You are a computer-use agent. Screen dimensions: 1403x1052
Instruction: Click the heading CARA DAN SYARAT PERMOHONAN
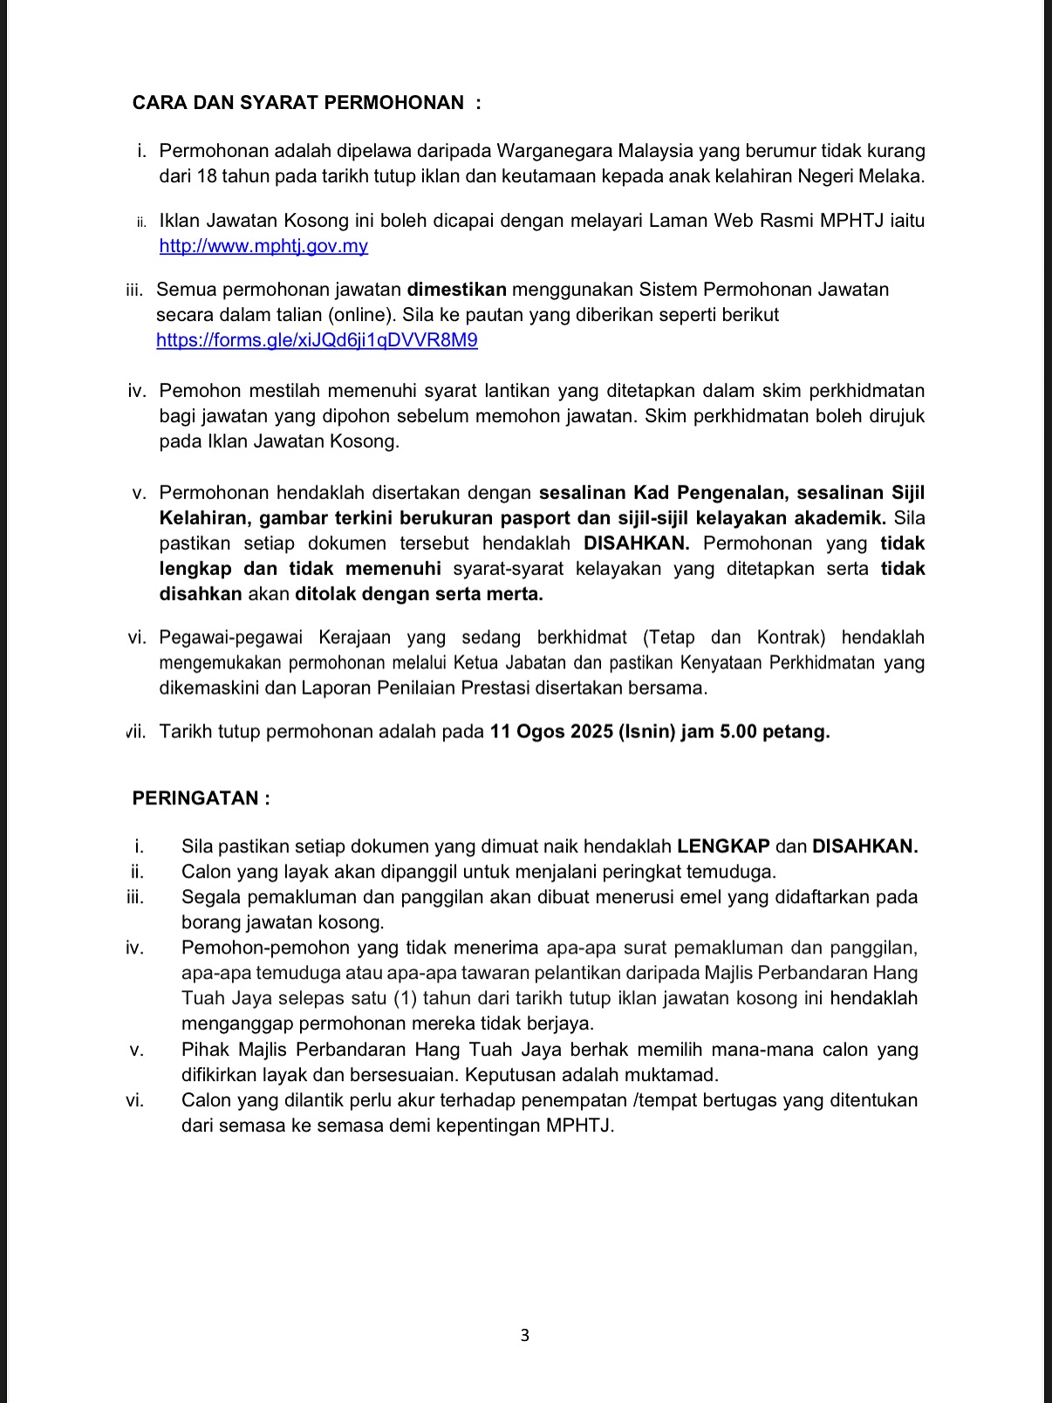point(297,103)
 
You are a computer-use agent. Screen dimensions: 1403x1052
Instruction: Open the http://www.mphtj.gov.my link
point(263,246)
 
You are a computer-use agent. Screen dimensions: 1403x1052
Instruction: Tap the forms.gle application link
point(317,340)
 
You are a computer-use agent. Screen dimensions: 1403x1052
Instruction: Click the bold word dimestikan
point(456,290)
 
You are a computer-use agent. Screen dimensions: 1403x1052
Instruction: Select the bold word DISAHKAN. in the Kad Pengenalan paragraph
point(636,544)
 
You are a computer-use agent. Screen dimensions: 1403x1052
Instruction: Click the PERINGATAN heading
point(201,798)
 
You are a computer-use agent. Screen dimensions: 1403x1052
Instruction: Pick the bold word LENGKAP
point(723,846)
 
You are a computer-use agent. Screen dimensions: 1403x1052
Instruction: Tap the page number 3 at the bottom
point(524,1335)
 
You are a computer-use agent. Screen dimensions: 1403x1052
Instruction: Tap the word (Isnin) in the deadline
point(646,732)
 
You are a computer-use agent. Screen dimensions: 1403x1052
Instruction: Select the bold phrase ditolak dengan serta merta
point(419,595)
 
